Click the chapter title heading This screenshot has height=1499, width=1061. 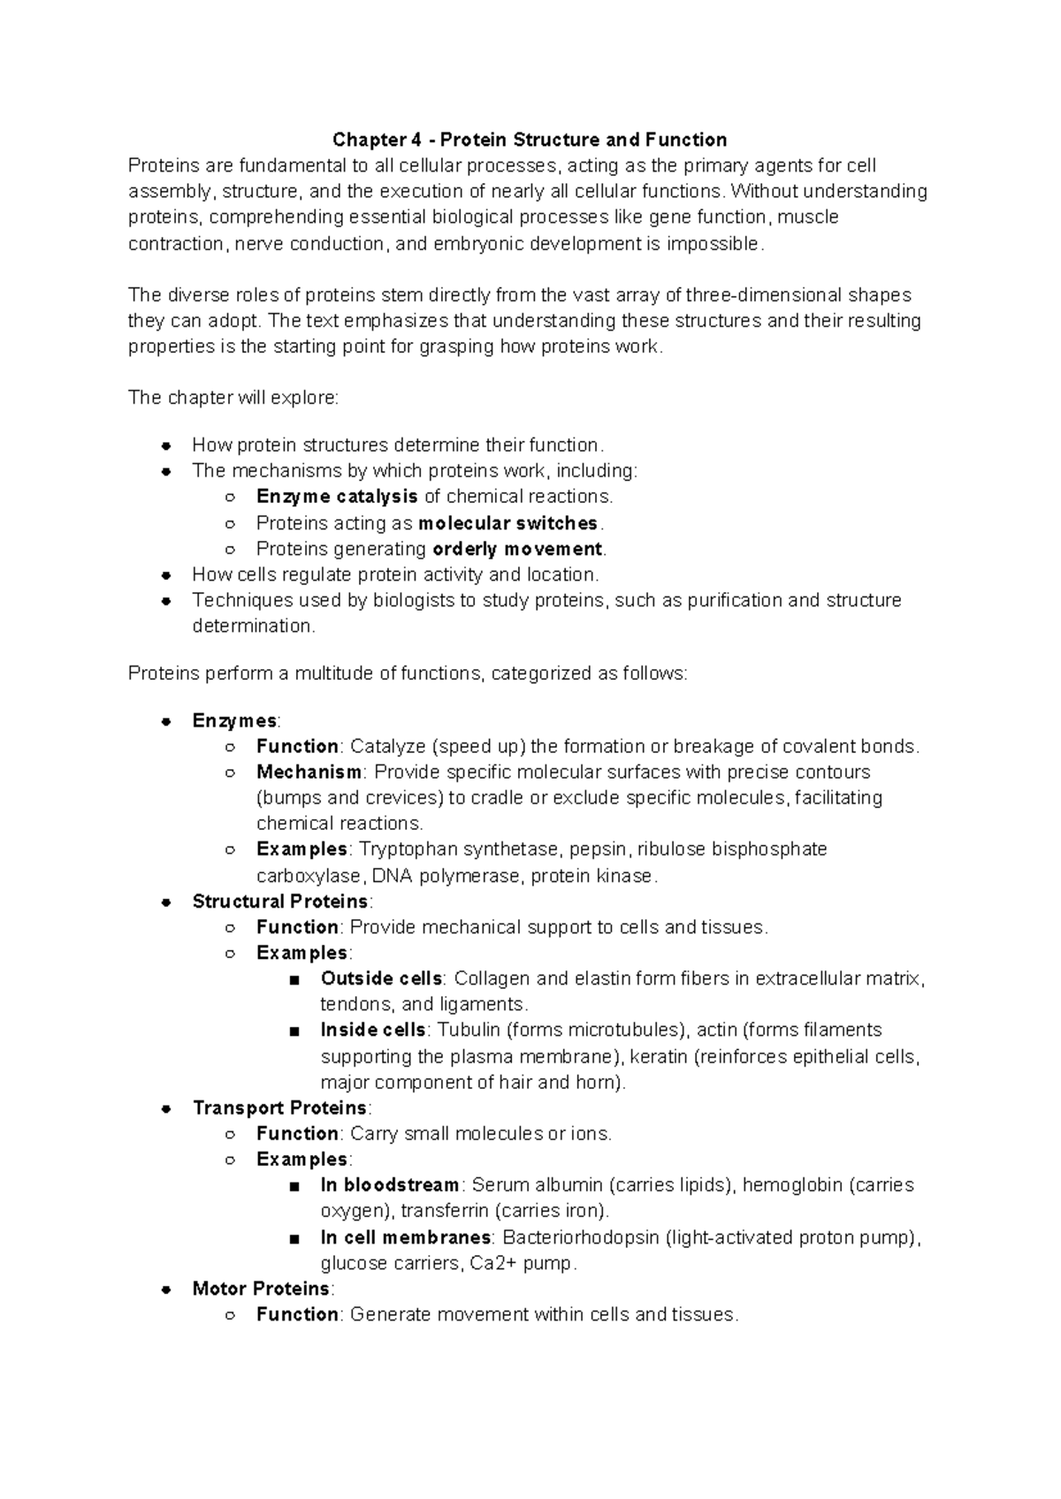click(x=530, y=140)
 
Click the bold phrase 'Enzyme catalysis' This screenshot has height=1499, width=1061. click(x=337, y=497)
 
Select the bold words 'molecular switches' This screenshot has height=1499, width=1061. click(x=508, y=523)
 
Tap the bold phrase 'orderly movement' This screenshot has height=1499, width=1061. click(x=517, y=549)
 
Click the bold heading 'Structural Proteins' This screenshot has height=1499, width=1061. click(x=280, y=902)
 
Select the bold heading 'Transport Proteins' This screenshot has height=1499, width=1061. click(x=279, y=1108)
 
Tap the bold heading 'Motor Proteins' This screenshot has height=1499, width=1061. click(x=261, y=1289)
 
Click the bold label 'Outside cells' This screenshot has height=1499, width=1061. click(x=381, y=978)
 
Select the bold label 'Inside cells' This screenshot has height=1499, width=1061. click(x=373, y=1031)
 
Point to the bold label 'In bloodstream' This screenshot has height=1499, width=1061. click(x=390, y=1185)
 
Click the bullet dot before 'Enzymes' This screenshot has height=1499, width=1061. click(x=165, y=722)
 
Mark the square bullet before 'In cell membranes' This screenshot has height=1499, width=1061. click(x=294, y=1238)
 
